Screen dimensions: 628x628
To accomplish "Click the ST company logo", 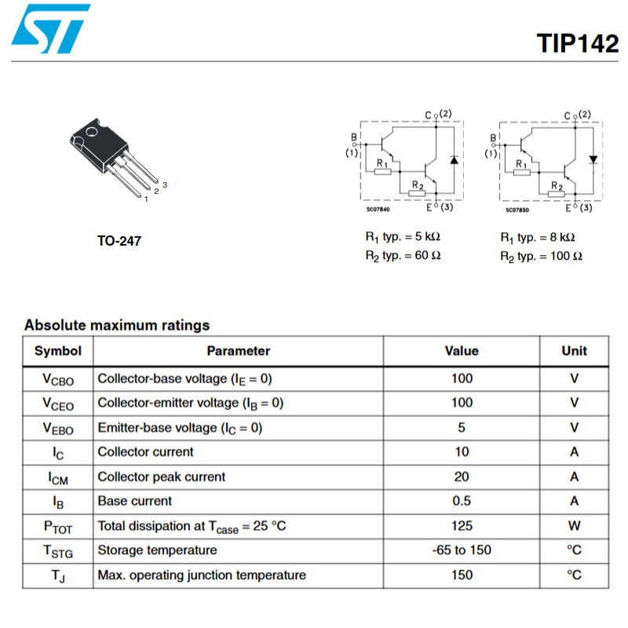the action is [51, 28].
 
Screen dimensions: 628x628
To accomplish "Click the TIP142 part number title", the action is [577, 43].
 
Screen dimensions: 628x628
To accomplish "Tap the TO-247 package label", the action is [119, 241].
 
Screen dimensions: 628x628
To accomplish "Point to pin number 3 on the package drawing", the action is [165, 184].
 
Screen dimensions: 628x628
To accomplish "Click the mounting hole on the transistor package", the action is [92, 131].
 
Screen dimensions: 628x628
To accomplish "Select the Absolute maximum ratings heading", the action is [117, 325].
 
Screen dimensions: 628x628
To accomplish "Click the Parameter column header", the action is [239, 351].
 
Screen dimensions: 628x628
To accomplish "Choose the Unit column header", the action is [574, 351].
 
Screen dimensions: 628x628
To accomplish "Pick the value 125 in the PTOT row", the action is [462, 525].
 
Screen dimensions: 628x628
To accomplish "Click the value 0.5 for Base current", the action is [462, 501].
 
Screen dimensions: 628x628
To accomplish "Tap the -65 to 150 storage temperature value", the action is [462, 550].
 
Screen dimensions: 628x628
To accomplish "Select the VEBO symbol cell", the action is [58, 429].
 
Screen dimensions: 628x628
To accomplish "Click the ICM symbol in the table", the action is [58, 478].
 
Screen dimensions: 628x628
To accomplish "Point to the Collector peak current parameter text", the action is [162, 476].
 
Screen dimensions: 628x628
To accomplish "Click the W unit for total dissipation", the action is [574, 525].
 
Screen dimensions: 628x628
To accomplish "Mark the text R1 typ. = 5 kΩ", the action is [403, 237].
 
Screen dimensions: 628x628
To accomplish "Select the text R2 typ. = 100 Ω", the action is [541, 257].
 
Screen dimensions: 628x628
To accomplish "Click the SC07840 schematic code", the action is [378, 209].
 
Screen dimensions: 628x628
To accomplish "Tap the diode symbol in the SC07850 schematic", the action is [593, 159].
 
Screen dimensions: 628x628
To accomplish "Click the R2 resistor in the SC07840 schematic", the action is [417, 193].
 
